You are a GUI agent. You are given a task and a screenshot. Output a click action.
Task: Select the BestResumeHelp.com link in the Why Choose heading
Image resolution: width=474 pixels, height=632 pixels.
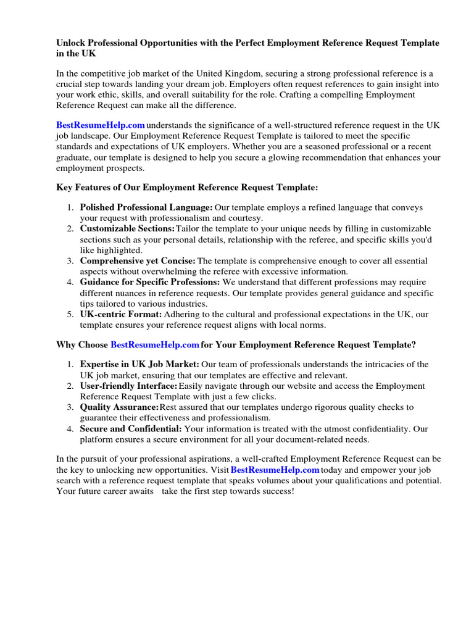click(155, 344)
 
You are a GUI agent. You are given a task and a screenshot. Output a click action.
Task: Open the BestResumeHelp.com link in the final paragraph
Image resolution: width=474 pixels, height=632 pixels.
click(275, 470)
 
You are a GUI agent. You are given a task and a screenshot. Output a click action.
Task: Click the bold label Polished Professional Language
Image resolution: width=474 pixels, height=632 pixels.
click(146, 208)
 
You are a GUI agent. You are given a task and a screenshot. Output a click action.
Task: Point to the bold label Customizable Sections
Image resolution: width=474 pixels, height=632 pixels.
click(128, 229)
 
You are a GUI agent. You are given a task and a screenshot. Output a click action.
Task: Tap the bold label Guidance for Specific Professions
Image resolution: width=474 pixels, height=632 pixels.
click(150, 283)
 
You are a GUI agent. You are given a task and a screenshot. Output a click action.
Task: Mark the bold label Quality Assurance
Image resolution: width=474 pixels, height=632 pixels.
click(119, 407)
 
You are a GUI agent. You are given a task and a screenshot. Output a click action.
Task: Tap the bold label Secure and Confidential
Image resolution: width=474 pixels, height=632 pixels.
click(131, 429)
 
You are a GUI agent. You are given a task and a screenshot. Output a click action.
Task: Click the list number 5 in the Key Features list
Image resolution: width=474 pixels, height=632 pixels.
click(71, 315)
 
